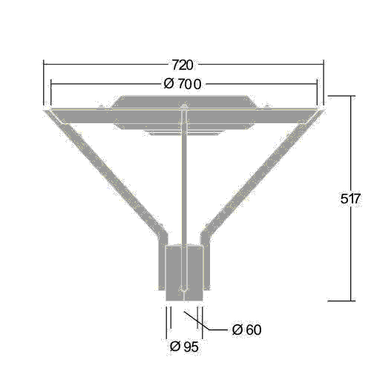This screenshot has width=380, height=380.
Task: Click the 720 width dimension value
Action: [183, 65]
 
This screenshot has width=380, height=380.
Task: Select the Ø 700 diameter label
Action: [183, 85]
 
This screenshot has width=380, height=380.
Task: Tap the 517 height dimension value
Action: [350, 198]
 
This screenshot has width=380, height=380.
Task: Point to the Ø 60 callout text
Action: [246, 330]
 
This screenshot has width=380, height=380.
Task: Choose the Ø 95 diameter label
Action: [184, 347]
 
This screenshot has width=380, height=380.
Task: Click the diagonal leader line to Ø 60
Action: [197, 321]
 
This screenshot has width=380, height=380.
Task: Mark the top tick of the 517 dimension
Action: [341, 96]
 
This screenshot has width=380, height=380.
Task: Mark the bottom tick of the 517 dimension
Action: [341, 301]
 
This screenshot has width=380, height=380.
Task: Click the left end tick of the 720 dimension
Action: [44, 82]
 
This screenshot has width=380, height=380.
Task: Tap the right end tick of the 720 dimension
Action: [324, 82]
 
